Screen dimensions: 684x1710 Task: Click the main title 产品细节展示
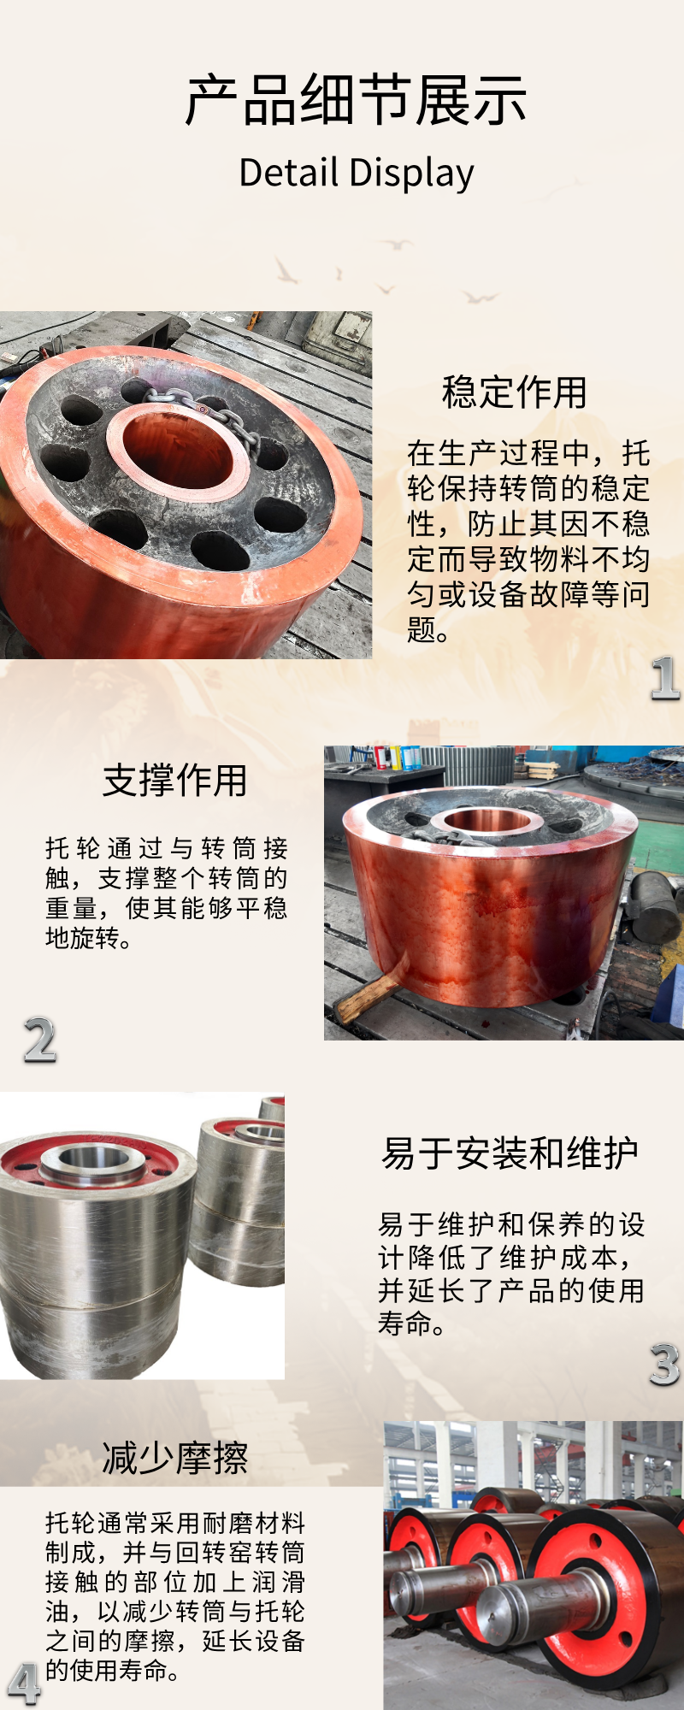pos(356,101)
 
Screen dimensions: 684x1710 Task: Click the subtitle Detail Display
pos(356,174)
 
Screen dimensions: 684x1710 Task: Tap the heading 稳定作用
pos(515,392)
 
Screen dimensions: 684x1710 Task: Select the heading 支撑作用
pos(175,781)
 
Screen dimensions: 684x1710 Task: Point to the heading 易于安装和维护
pos(510,1153)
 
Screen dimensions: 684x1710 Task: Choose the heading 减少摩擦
pos(175,1458)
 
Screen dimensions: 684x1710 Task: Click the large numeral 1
pos(665,680)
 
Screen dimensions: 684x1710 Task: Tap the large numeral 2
pos(40,1041)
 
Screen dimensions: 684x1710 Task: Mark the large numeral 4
pos(24,1684)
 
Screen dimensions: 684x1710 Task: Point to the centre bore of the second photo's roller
pos(488,821)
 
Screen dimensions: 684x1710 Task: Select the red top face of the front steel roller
pos(91,1164)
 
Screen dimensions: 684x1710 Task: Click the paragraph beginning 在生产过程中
pos(528,541)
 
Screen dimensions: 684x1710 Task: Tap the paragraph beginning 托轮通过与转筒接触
pos(167,893)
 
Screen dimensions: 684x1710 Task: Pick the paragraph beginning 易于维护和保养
pos(511,1274)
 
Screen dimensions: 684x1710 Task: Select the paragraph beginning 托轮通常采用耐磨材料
pos(175,1596)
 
